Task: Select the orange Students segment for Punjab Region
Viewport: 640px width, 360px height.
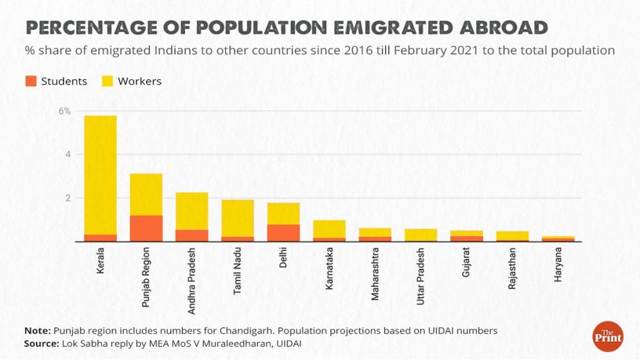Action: coord(146,228)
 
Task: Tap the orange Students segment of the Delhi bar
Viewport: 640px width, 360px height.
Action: coord(283,232)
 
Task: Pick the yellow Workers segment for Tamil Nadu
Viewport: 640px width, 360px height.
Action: coord(237,218)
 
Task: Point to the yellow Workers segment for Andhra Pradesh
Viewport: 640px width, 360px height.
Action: coord(192,211)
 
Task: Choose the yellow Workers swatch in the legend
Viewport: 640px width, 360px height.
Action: coord(107,81)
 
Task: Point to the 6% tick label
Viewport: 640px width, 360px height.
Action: coord(65,111)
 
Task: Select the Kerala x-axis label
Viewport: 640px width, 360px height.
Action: coord(101,262)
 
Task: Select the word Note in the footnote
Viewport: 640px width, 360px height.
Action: coord(37,331)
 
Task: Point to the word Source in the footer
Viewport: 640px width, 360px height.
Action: coord(41,344)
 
